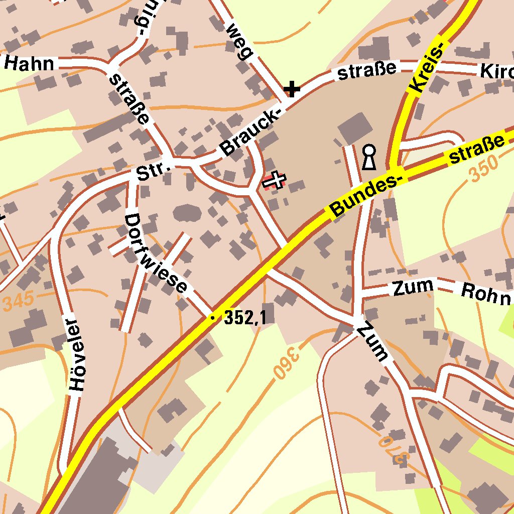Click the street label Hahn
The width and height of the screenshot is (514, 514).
29,64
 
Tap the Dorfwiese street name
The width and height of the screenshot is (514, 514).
156,254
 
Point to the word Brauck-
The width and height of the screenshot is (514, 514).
249,132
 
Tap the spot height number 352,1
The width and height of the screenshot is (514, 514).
244,317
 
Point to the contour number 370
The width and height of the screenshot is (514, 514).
395,449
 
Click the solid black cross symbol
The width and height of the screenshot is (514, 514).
292,90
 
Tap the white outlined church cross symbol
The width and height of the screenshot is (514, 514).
275,179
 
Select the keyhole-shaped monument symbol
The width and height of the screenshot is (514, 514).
369,157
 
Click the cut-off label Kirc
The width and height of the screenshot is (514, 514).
497,71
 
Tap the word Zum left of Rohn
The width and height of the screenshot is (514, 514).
413,287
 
